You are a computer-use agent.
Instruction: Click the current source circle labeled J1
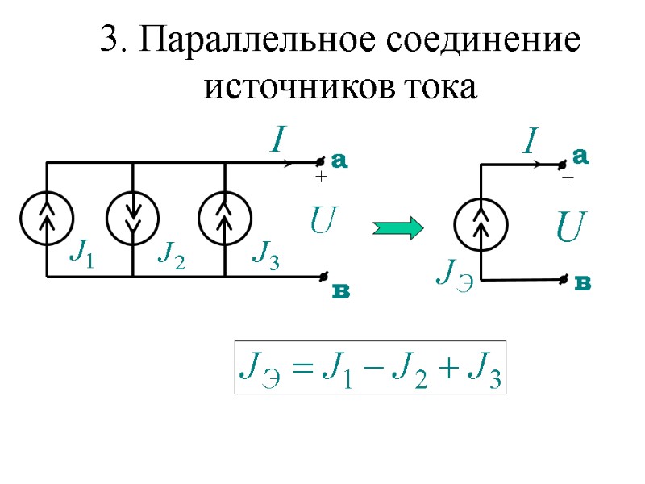click(47, 219)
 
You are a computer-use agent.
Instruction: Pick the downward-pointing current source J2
click(133, 219)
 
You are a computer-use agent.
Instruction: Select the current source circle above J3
click(226, 219)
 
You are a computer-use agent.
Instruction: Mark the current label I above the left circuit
click(277, 142)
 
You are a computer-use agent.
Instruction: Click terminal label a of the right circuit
click(580, 156)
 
